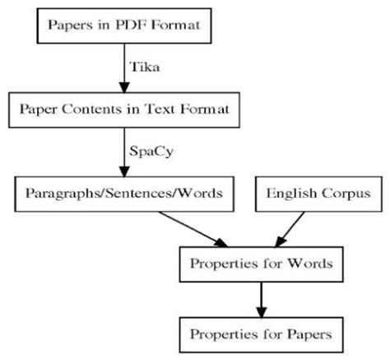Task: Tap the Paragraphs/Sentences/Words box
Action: click(x=122, y=194)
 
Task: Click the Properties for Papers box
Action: click(x=261, y=335)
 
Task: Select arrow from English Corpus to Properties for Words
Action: click(x=287, y=228)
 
